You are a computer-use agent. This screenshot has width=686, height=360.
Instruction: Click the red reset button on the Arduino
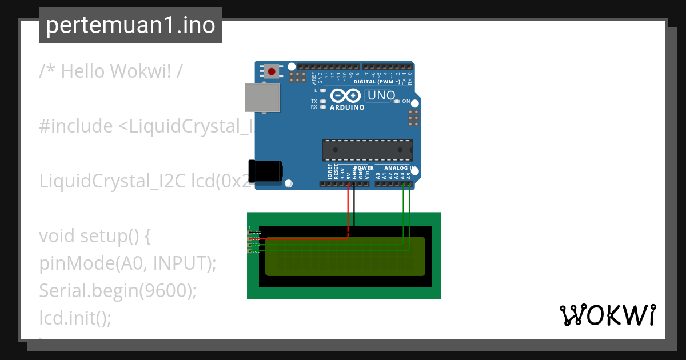272,72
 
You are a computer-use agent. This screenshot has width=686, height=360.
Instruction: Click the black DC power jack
266,171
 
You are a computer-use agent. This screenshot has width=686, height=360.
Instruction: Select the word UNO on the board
381,95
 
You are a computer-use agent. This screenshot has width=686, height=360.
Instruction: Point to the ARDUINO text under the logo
347,107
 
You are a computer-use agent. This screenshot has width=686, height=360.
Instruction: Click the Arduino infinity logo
345,95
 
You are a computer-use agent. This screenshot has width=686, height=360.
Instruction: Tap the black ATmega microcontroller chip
368,150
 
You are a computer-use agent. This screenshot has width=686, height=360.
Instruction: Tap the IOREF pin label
330,172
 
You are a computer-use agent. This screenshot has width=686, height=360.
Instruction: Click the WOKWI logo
607,315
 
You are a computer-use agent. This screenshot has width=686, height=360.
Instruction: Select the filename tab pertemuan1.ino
130,25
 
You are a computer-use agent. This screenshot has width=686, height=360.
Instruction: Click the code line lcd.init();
75,317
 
